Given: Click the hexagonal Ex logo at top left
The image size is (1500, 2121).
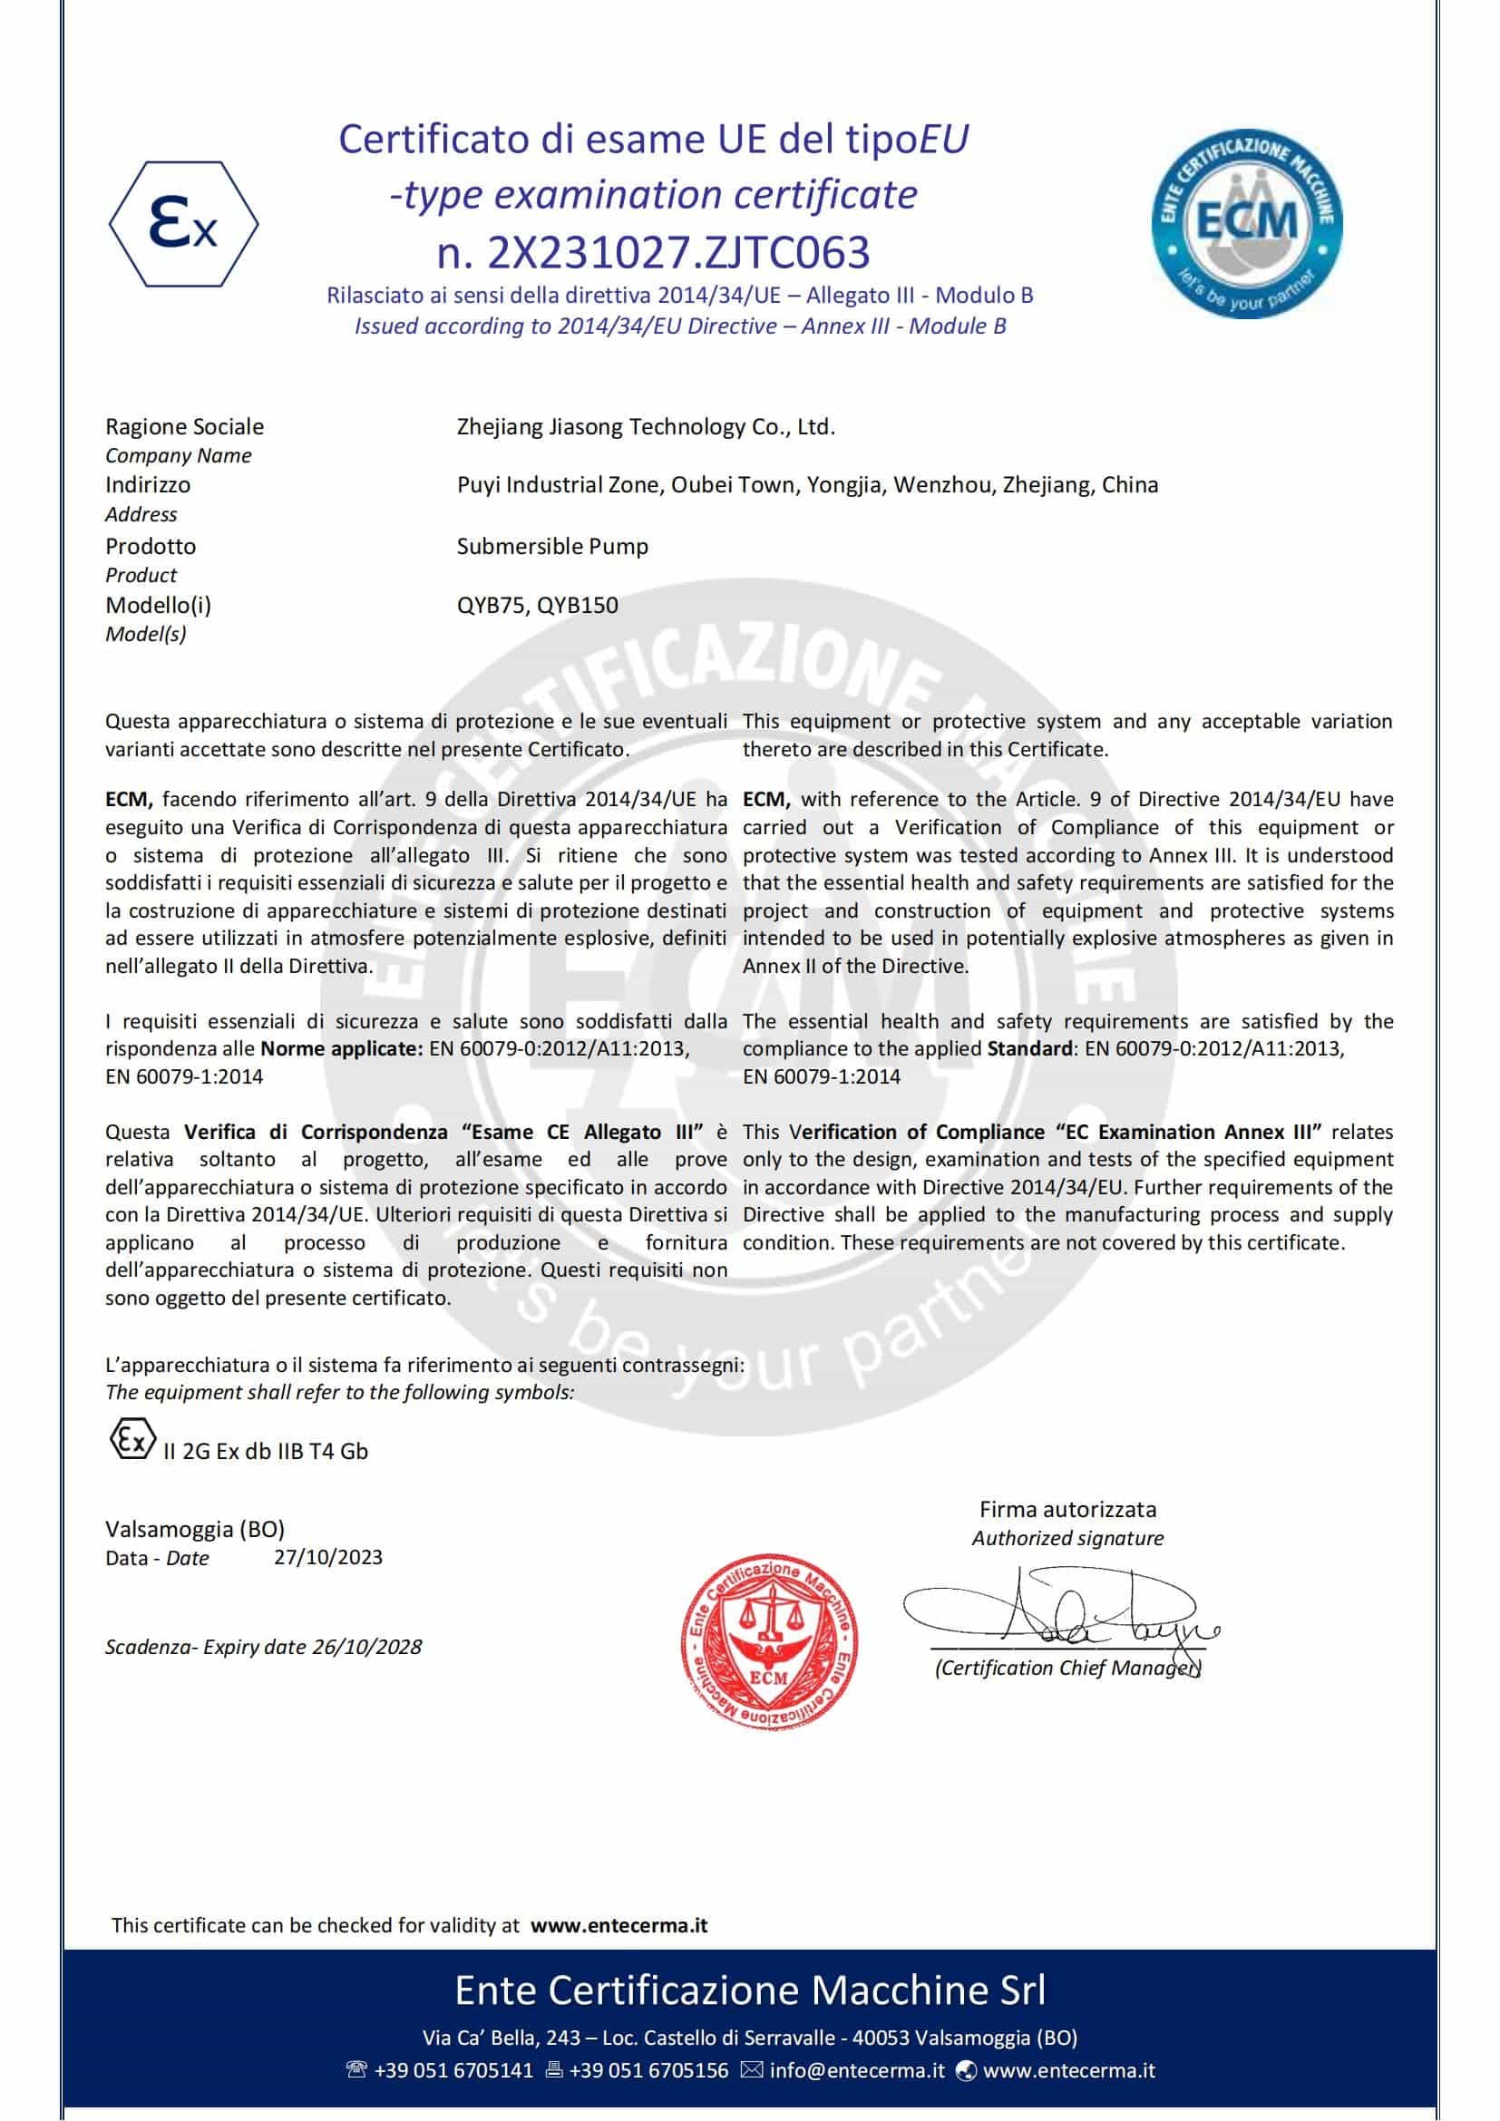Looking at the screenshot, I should click(184, 224).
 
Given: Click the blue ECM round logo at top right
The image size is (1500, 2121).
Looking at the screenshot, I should click(1246, 223).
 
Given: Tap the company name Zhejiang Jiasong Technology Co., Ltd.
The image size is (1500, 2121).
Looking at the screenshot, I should click(646, 427).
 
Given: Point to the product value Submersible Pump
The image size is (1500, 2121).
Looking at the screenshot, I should click(552, 546).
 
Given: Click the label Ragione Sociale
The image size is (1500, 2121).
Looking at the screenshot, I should click(185, 427).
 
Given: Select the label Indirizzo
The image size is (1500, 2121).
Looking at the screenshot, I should click(148, 485).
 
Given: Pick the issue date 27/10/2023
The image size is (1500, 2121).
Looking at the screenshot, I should click(328, 1557).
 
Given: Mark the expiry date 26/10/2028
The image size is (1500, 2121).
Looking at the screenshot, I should click(366, 1646).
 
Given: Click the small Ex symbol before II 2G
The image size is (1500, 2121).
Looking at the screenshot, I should click(131, 1442).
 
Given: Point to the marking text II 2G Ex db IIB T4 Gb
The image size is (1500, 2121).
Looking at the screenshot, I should click(266, 1450).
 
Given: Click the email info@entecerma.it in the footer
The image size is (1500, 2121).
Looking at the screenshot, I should click(856, 2070).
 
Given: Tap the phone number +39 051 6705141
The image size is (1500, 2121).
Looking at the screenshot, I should click(453, 2070).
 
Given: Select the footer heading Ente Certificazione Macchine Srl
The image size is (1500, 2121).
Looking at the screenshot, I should click(750, 1990).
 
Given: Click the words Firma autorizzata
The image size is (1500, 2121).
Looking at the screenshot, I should click(1067, 1509).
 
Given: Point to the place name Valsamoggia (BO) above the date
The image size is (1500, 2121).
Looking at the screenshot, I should click(195, 1529).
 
